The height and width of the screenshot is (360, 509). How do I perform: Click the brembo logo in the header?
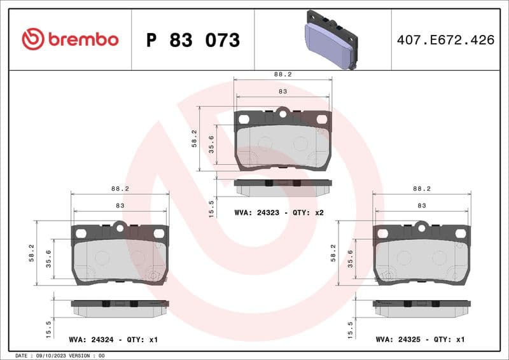coord(70,39)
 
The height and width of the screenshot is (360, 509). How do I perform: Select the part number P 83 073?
coord(193,40)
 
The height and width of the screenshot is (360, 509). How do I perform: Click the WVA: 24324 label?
coord(91,340)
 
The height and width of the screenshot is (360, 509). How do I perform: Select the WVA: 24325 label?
coord(398,340)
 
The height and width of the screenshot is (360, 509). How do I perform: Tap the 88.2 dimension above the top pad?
coord(282,74)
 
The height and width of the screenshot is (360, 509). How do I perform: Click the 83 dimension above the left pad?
coord(120,205)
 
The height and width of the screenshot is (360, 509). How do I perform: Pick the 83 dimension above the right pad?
coord(422,205)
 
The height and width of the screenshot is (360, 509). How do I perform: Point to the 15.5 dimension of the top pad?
coord(212,208)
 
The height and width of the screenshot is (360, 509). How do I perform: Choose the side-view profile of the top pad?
coord(282,186)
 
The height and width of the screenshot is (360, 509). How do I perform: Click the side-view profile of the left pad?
coord(120,307)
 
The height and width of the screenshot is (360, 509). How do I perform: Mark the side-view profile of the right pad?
coord(422,307)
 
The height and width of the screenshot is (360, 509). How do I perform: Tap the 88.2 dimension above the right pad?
coord(422,189)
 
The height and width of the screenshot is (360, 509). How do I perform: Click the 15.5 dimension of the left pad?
coord(49,329)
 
